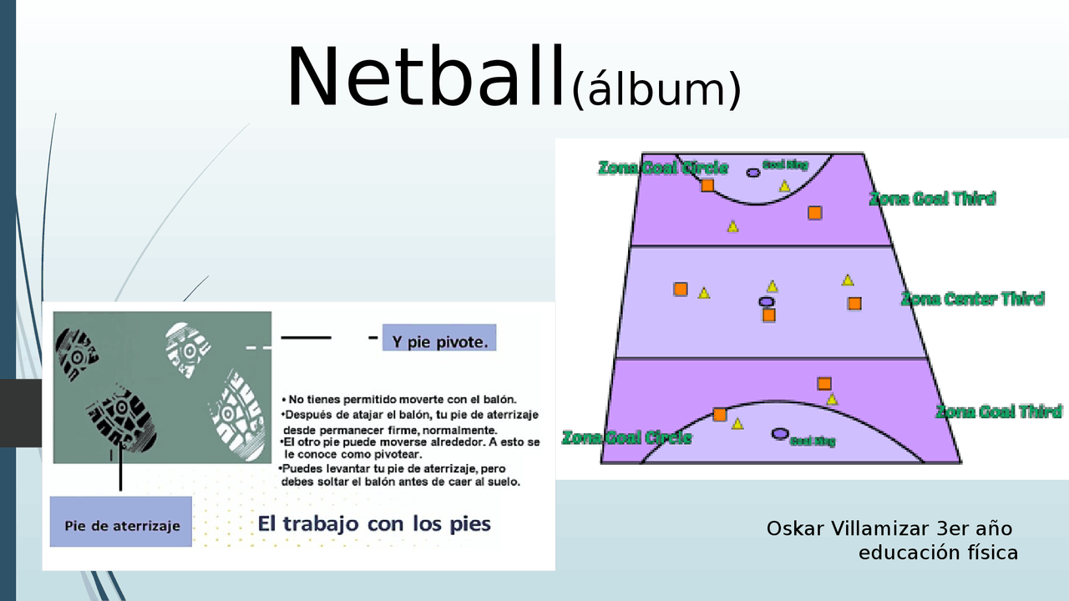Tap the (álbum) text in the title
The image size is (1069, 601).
coord(656,89)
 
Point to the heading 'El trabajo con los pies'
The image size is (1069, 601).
coord(374,524)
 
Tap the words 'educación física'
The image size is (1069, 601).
coord(938,552)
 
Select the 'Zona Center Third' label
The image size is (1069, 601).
coord(972,299)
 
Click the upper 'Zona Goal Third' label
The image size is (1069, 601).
coord(932,199)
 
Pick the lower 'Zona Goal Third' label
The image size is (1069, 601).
coord(998,412)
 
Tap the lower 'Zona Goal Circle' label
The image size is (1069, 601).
coord(626,437)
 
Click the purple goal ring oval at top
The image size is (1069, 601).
coord(753,172)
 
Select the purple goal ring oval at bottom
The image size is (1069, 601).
coord(780,433)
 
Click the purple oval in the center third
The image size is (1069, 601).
coord(766,301)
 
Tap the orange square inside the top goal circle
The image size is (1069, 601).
coord(707,185)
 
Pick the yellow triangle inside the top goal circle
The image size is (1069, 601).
coord(785,186)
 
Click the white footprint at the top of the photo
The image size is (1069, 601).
coord(188,343)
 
